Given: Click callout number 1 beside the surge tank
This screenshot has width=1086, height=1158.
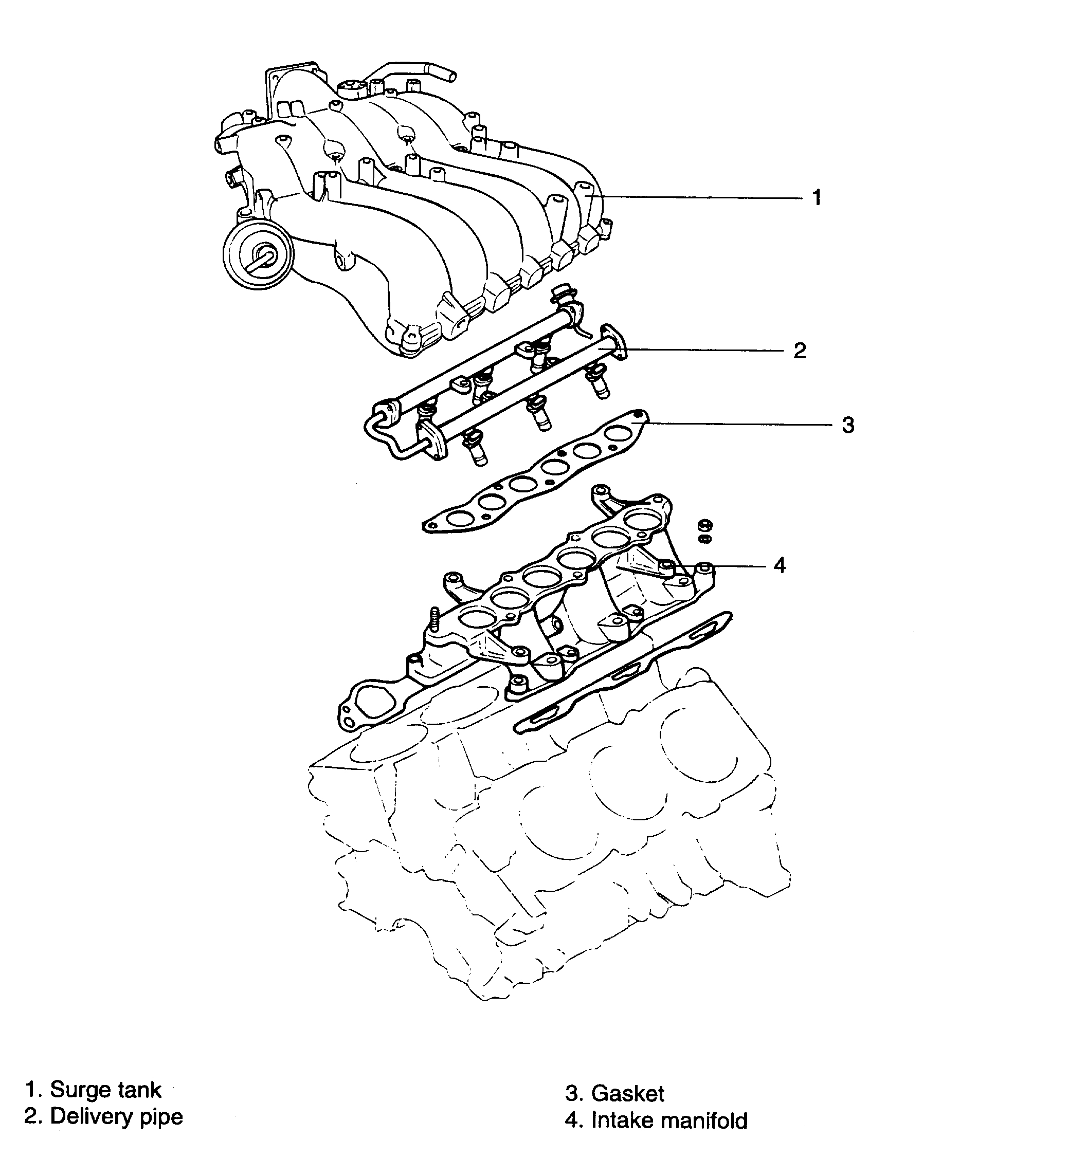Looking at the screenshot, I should coord(817,197).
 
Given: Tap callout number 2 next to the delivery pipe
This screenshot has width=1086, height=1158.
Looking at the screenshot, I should coord(800,351).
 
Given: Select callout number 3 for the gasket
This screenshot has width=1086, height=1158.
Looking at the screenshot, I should coord(848,425).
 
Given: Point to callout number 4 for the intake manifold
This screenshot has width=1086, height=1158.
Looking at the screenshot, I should coord(780,565).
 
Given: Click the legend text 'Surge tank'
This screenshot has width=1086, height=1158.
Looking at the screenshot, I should coord(105,1089).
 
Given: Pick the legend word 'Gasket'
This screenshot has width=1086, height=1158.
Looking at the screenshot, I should coord(627,1093).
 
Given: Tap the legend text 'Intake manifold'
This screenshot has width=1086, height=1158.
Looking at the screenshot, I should coord(669,1120).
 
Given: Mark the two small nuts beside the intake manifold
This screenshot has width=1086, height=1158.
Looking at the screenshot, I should coord(704,530).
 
